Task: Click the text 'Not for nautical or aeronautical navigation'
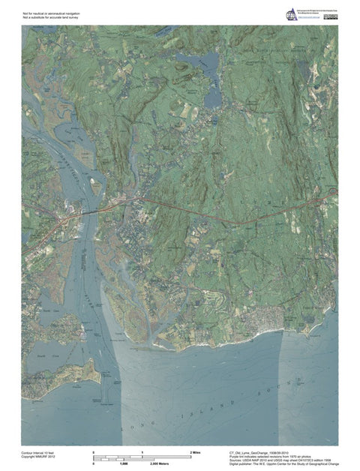52,13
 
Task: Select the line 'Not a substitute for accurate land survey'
51,17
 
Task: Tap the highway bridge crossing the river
88,213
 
